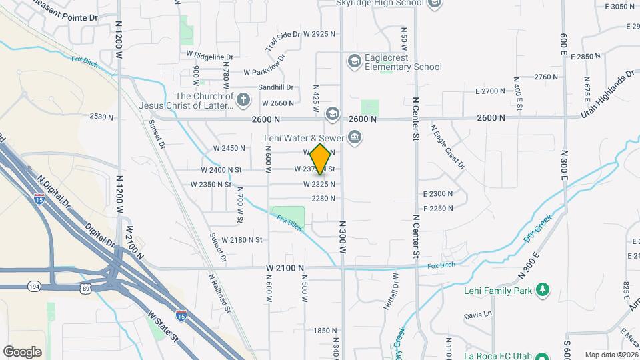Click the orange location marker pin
[321, 159]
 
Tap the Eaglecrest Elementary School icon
[354, 62]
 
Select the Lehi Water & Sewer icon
[355, 139]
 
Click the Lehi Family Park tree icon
[544, 289]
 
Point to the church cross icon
[243, 101]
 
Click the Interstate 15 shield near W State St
[181, 313]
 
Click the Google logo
[22, 352]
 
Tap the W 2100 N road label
[285, 267]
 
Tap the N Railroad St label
[220, 293]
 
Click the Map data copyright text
[611, 355]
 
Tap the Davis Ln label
[478, 314]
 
